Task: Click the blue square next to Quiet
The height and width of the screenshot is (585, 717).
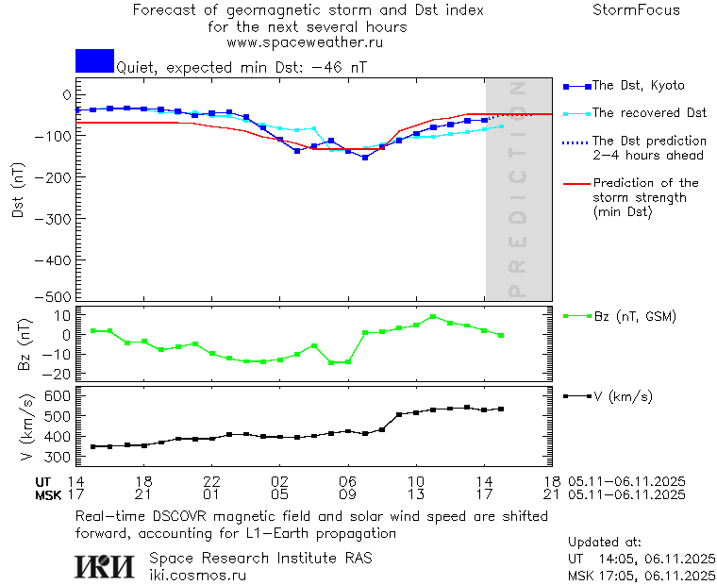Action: [x=94, y=60]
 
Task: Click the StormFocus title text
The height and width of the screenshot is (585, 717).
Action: [x=636, y=10]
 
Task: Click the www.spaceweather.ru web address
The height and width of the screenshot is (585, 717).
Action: [x=305, y=42]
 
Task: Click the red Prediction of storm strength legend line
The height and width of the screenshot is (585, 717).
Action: [x=575, y=183]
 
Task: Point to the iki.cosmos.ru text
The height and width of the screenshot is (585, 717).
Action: [x=198, y=574]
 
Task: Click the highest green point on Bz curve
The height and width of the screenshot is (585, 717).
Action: [x=433, y=317]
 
